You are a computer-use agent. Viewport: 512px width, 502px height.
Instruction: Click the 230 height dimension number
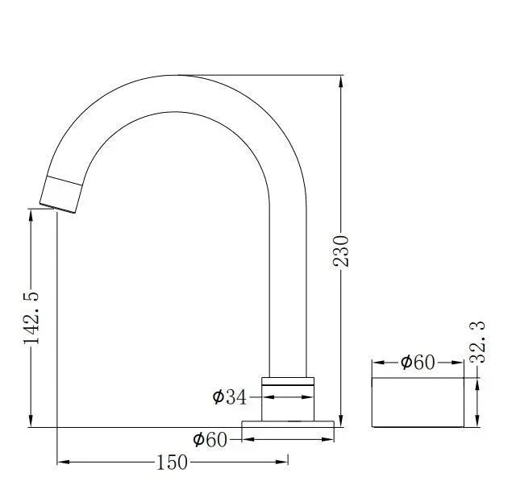click(341, 251)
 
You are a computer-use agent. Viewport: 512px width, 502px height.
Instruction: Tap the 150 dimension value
click(172, 462)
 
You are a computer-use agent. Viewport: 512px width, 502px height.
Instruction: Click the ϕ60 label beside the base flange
click(209, 439)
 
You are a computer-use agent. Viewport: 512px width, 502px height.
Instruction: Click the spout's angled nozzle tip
click(60, 194)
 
